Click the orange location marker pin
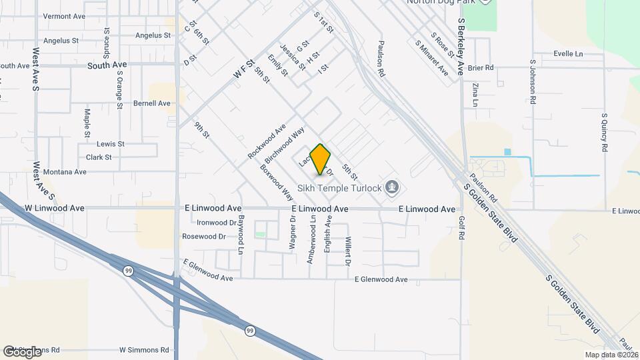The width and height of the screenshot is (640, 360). point(321,159)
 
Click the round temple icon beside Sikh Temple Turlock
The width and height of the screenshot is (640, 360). point(393,187)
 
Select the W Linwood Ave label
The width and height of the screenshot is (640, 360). point(55,208)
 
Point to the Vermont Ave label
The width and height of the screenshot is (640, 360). point(64,16)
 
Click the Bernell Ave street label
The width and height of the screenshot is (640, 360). point(152,103)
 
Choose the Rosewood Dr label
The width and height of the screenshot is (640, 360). point(204,237)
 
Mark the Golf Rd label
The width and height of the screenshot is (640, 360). point(461,227)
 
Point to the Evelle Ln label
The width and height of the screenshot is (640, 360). point(568,53)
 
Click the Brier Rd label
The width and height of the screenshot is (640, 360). point(480,67)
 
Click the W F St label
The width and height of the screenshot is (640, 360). point(245,71)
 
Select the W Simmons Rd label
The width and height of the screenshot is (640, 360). point(144,349)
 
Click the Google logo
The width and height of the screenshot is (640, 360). point(22,351)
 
